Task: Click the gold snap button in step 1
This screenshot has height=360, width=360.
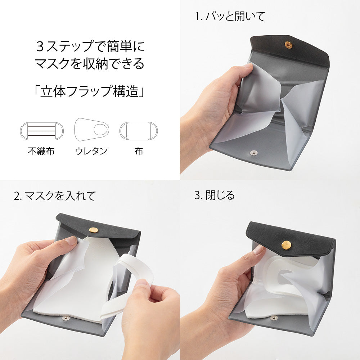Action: click(288, 45)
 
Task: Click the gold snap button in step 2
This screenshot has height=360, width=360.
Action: click(94, 230)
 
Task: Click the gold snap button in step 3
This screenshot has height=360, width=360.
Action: click(286, 245)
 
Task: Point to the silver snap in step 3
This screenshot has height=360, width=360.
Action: click(274, 318)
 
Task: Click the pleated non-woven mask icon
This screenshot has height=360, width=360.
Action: click(42, 131)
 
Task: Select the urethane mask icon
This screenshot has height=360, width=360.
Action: click(91, 129)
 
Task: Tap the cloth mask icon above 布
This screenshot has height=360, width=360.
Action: click(139, 130)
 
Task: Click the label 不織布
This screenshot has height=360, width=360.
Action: click(41, 151)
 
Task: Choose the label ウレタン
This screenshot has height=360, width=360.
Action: click(91, 151)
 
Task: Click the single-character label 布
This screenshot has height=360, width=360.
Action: click(139, 151)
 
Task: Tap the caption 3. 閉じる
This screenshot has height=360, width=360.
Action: click(215, 195)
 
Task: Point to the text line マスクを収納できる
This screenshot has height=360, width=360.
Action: click(90, 64)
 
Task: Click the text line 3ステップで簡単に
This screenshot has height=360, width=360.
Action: click(90, 47)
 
